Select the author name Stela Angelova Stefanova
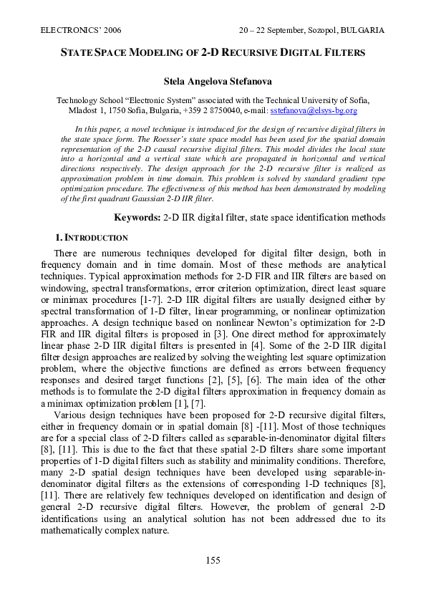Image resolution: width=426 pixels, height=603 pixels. coord(213,82)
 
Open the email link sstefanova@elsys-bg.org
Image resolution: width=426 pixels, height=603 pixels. coord(314,111)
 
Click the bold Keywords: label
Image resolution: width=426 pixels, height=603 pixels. coord(137,217)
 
